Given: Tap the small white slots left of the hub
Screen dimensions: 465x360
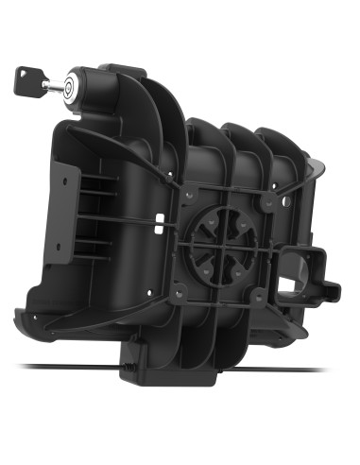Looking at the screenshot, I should (161, 223).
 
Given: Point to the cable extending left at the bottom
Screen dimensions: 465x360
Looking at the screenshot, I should (57, 368).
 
